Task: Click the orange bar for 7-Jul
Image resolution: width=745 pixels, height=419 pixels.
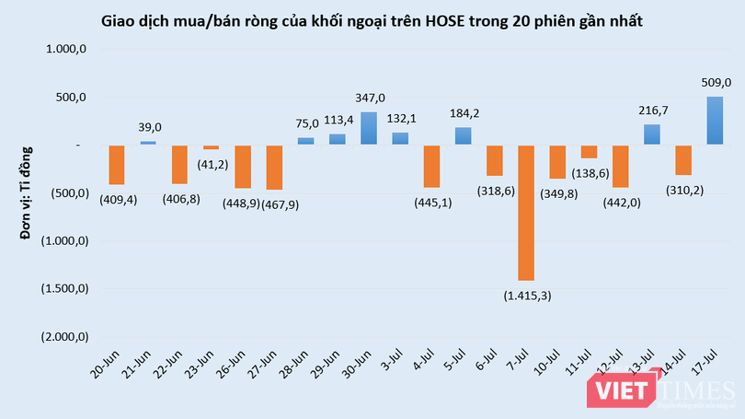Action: click(526, 212)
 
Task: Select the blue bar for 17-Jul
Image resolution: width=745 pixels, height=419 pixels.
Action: click(715, 121)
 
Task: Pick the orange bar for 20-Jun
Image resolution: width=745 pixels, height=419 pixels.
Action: click(117, 165)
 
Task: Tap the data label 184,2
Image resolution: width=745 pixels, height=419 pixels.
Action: click(463, 114)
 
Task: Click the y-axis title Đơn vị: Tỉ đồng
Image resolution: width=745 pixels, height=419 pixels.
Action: click(27, 192)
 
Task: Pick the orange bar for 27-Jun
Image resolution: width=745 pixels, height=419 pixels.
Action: click(274, 168)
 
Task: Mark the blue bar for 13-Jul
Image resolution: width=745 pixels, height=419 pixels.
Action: click(651, 134)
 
